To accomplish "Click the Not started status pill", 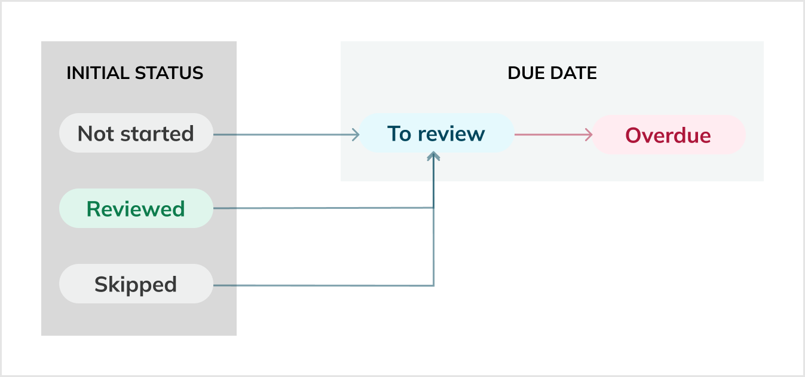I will [x=136, y=133].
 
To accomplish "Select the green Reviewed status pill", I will [x=136, y=208].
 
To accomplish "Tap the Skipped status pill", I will [x=136, y=284].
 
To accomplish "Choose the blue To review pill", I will [x=436, y=133].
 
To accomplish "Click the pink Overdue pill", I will [x=668, y=135].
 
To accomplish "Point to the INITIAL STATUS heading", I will [x=134, y=73].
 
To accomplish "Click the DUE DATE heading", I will [x=552, y=73].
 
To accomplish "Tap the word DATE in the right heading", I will [x=575, y=73].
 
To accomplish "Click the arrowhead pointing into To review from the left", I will [x=355, y=134].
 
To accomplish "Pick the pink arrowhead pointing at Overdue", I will [x=588, y=134].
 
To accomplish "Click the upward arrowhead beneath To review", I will [x=434, y=156].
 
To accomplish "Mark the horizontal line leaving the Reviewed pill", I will [x=323, y=208].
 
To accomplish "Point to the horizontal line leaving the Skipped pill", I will [x=323, y=285].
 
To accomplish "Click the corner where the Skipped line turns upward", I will [x=433, y=285].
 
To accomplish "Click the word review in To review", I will [x=451, y=133].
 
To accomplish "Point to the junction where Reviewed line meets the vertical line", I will [x=433, y=208].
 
